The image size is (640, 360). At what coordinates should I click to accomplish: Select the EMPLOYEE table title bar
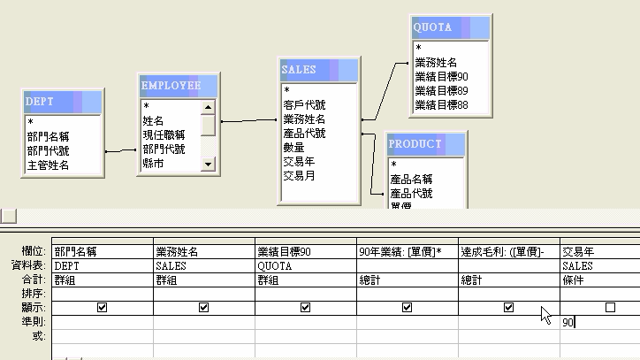tap(178, 86)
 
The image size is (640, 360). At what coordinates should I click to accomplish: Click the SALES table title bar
tap(319, 70)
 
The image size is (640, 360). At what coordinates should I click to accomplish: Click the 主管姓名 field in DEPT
tap(48, 165)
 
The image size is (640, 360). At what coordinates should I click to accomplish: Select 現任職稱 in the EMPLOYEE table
tap(164, 134)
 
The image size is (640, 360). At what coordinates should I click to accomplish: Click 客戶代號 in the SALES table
tap(304, 104)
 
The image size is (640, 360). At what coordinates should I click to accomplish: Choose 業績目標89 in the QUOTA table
tap(441, 91)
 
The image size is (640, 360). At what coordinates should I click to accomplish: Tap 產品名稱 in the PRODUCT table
tap(411, 179)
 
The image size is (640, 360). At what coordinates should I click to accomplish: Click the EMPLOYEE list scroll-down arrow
tap(209, 164)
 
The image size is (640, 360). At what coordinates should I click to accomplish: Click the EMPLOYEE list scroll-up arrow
tap(209, 106)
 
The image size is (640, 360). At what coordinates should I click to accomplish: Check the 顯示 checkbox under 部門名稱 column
tap(103, 308)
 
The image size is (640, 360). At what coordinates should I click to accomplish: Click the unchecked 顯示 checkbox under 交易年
tap(610, 308)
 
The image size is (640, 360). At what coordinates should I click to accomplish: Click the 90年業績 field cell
tap(407, 252)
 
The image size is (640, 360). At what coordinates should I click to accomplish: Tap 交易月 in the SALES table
tap(299, 176)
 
